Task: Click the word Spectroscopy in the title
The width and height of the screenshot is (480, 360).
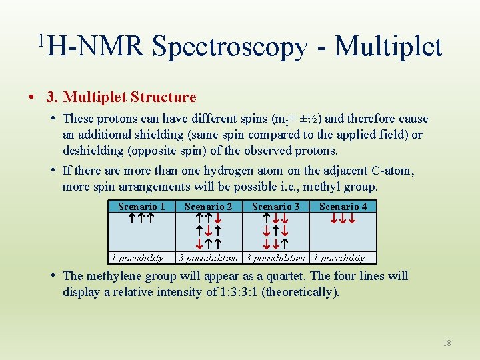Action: (229, 46)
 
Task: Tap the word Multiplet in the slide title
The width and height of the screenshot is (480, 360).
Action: (389, 46)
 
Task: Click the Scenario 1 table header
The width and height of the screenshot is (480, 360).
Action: (141, 207)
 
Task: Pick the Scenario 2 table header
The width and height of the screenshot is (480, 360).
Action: (208, 207)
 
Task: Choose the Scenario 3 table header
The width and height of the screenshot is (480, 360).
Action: (275, 207)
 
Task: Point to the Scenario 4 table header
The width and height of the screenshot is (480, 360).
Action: (343, 207)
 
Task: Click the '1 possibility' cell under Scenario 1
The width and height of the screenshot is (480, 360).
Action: (137, 258)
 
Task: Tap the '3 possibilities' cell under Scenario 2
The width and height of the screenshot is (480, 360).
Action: (208, 258)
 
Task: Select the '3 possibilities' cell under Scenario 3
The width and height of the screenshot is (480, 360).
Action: (275, 258)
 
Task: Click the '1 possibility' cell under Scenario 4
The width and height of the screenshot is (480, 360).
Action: (339, 258)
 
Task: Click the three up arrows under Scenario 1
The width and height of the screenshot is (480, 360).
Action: (141, 218)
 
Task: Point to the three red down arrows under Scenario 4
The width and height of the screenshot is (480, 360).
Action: (343, 218)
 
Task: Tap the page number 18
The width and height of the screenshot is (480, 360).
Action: (447, 343)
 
